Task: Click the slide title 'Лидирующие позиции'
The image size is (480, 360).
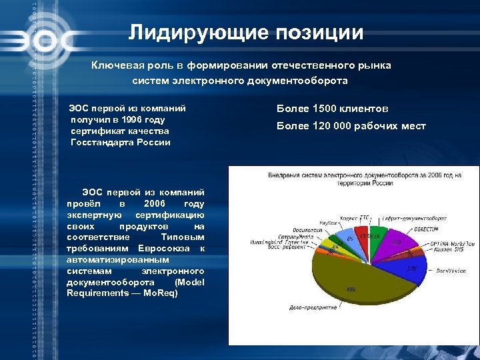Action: [246, 33]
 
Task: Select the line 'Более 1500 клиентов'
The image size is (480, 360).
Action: [333, 108]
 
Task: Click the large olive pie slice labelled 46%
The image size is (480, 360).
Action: [353, 280]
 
